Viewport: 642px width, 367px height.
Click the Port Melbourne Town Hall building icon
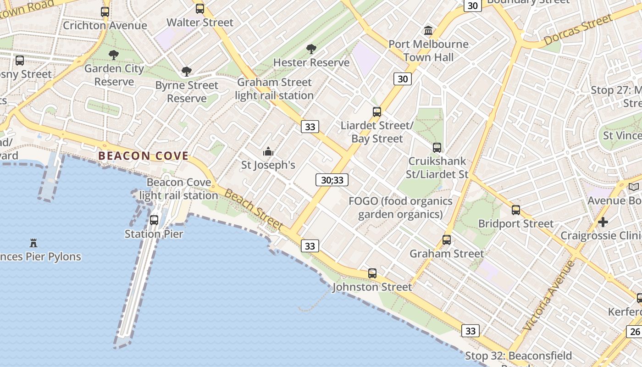428,31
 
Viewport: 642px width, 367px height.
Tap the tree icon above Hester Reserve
311,49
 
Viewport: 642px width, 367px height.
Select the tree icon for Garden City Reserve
114,55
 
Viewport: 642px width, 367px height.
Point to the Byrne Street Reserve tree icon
186,72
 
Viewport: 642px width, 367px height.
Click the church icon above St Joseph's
268,151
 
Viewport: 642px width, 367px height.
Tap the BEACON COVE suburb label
144,156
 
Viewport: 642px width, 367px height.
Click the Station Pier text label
154,234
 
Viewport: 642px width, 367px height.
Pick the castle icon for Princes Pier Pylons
33,243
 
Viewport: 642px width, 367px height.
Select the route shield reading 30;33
332,180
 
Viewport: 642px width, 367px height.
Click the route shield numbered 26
635,331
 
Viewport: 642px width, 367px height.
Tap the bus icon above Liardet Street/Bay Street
377,111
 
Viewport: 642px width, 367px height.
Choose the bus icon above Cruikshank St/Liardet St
437,147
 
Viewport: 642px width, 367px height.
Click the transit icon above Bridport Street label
516,210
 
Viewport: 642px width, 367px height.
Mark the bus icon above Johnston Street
372,273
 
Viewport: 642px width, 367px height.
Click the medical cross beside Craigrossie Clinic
603,222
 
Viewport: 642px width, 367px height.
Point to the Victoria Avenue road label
548,296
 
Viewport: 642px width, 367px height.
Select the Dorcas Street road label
578,30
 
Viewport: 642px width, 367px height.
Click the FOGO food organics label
400,208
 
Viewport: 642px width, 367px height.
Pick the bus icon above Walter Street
200,8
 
